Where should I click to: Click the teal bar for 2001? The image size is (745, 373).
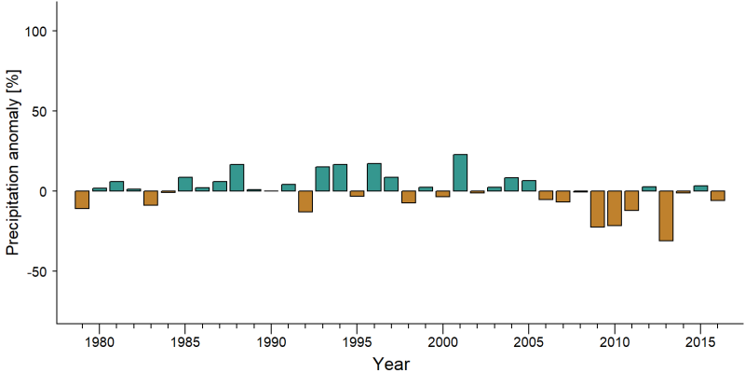(460, 173)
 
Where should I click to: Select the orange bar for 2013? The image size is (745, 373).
(666, 216)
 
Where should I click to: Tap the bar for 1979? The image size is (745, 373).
(82, 200)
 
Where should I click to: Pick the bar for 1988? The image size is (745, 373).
(237, 178)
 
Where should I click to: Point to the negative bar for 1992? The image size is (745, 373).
(305, 201)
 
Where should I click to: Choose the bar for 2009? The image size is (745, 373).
(598, 209)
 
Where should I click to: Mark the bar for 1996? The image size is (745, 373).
(374, 177)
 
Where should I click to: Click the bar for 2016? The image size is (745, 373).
(718, 196)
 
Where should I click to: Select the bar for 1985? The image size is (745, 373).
(185, 184)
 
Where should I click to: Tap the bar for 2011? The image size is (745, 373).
(632, 200)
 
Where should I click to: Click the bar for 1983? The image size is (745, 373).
(151, 198)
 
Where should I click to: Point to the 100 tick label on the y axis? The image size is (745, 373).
(36, 31)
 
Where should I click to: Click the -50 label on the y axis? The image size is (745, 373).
(36, 271)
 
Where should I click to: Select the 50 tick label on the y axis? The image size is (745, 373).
(40, 111)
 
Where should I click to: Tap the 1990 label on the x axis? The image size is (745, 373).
(271, 343)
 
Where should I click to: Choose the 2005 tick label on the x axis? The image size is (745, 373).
(529, 343)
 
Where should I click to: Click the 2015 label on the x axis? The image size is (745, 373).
(700, 343)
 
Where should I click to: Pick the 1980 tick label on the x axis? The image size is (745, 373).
(100, 343)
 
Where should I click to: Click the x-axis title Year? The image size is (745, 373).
(390, 364)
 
